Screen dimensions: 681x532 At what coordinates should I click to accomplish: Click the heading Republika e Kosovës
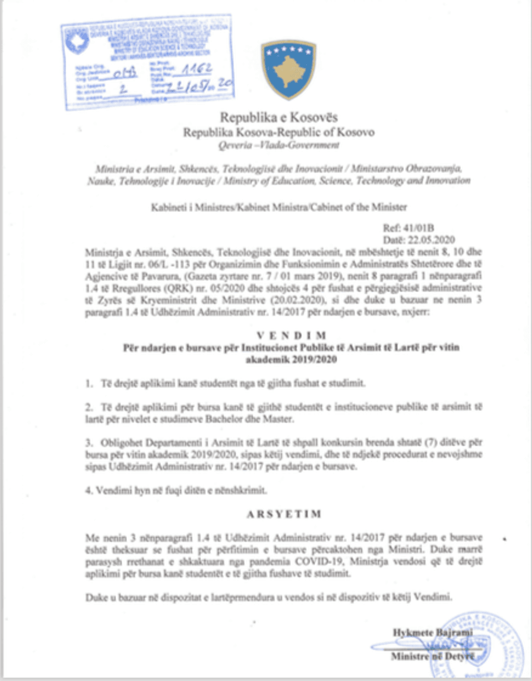tap(278, 117)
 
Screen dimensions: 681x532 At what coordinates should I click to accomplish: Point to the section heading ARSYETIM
tap(292, 513)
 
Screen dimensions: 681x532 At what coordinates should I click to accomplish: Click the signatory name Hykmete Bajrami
tap(432, 632)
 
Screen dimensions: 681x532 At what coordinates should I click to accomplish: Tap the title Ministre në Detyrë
tap(432, 657)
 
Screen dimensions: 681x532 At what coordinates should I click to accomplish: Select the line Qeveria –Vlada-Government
tap(278, 145)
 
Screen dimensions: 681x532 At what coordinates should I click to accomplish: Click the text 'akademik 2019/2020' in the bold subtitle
tap(291, 359)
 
